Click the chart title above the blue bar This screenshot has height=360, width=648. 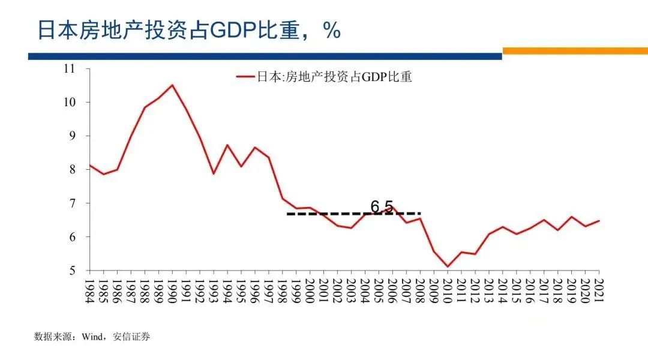(x=189, y=31)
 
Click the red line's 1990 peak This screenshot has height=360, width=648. (x=173, y=85)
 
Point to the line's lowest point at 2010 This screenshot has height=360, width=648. (x=447, y=266)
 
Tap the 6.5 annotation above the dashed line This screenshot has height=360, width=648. (x=382, y=206)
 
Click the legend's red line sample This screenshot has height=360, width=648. (x=246, y=77)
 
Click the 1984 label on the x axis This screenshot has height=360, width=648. (x=90, y=292)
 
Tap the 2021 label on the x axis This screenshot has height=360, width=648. (x=598, y=292)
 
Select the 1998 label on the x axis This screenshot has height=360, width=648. (x=283, y=292)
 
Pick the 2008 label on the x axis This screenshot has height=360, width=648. (x=420, y=292)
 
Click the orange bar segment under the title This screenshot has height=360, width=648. (x=575, y=51)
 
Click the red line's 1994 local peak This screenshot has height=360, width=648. (x=227, y=145)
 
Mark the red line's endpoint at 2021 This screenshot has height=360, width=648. (x=599, y=221)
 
